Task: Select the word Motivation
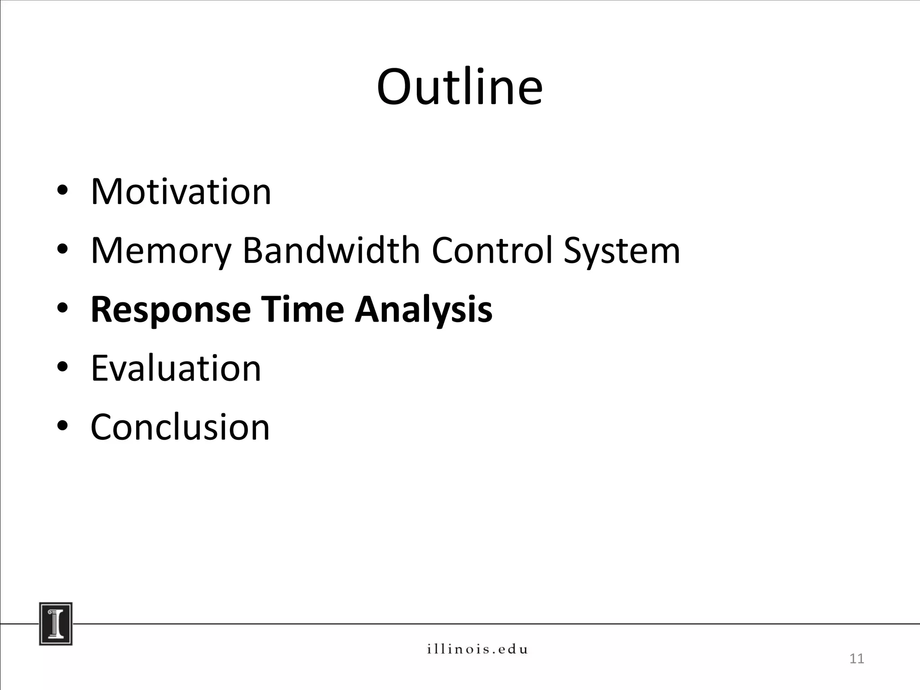pyautogui.click(x=181, y=192)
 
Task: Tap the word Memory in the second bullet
pyautogui.click(x=161, y=251)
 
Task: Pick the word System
pyautogui.click(x=622, y=251)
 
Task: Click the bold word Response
pyautogui.click(x=171, y=310)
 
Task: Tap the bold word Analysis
pyautogui.click(x=423, y=310)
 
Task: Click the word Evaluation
pyautogui.click(x=176, y=368)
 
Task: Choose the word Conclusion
pyautogui.click(x=180, y=427)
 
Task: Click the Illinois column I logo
pyautogui.click(x=56, y=624)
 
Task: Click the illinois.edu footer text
pyautogui.click(x=477, y=649)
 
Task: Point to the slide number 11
pyautogui.click(x=857, y=659)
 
